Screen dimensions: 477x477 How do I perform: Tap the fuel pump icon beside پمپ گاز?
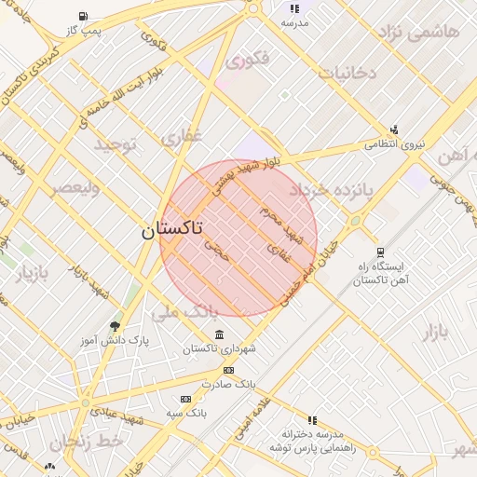coord(85,16)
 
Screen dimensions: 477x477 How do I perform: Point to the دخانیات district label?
coord(347,72)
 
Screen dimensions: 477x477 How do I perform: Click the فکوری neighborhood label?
coord(247,61)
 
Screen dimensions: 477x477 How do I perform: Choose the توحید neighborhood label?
coord(115,144)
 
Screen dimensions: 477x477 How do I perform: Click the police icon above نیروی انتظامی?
coord(394,129)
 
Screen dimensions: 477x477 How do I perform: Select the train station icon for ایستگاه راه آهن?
coord(379,252)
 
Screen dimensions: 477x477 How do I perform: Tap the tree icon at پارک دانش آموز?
coord(115,326)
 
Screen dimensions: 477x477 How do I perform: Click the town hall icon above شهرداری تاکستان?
coord(219,334)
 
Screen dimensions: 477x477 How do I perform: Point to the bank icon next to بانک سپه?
coord(185,399)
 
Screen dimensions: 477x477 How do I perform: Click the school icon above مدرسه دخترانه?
coord(312,420)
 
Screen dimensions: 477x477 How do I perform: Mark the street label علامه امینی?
coord(253,410)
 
